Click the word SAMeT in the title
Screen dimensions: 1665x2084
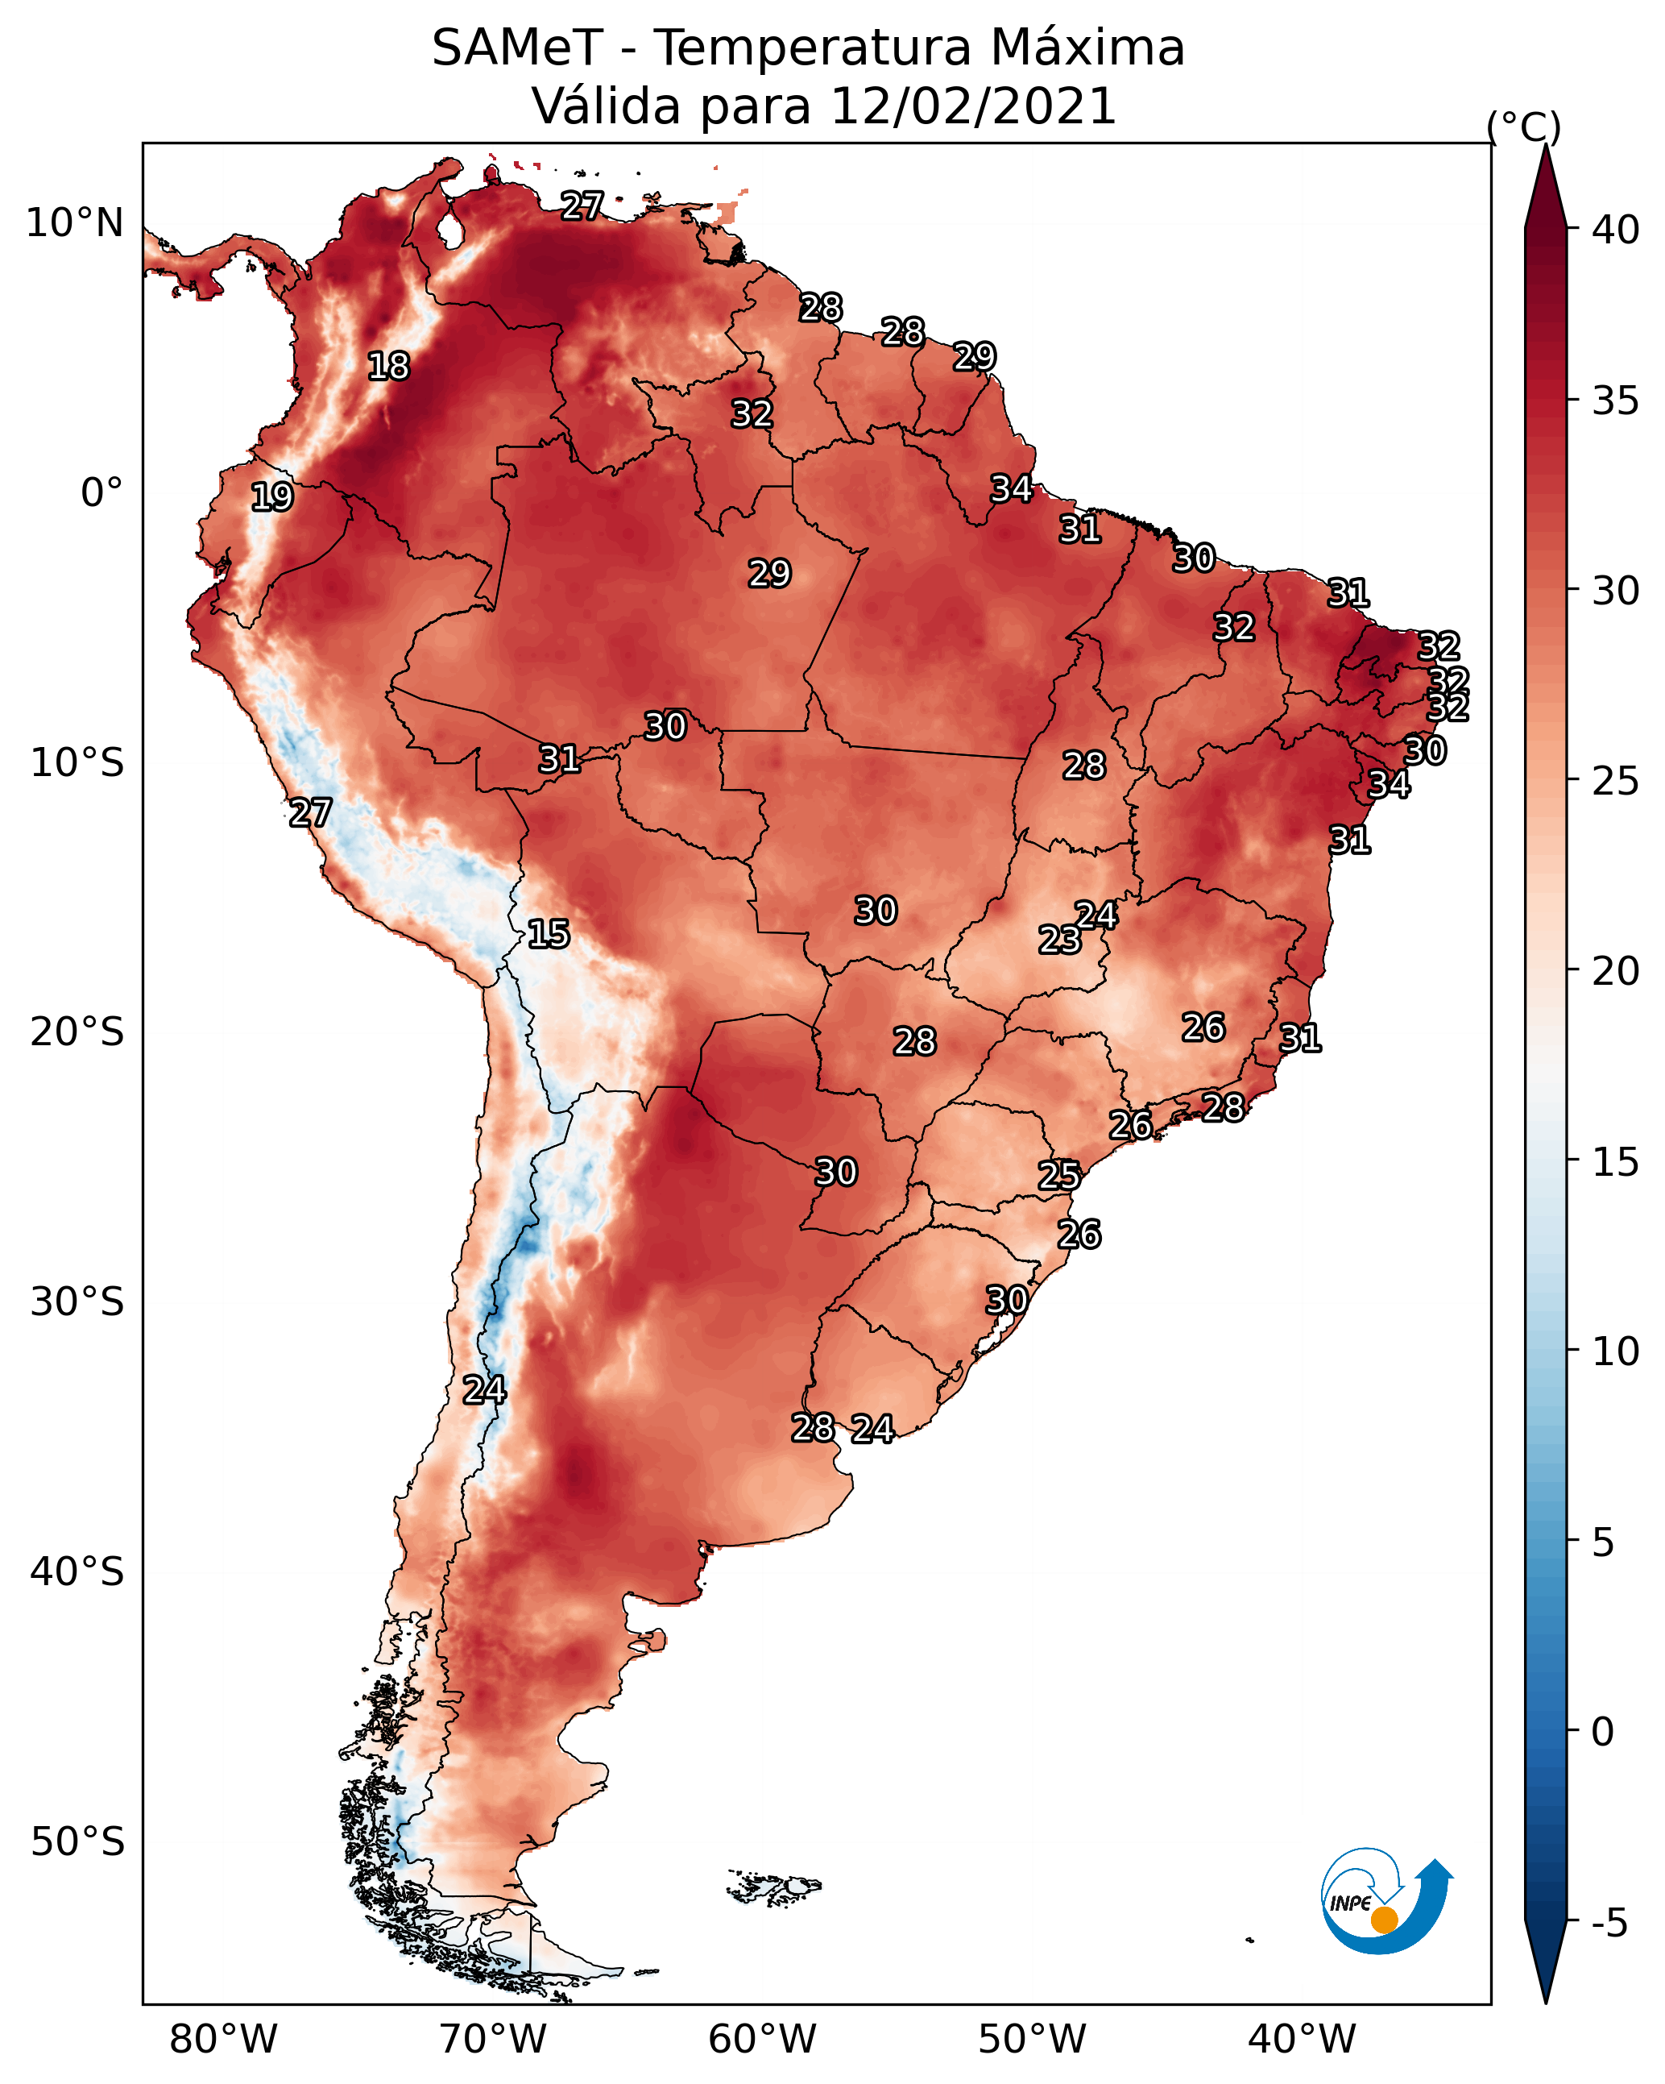point(517,48)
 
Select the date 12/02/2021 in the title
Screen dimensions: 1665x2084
point(973,106)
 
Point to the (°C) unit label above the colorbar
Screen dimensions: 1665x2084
point(1523,127)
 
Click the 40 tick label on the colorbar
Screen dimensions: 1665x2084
point(1616,230)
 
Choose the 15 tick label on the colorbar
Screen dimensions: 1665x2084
point(1616,1162)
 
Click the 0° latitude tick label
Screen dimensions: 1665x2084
point(102,493)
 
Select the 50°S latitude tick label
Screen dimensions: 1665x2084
point(77,1842)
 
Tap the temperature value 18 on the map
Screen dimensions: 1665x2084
point(388,367)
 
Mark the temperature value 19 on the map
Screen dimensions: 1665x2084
point(271,497)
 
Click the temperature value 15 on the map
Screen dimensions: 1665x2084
point(548,934)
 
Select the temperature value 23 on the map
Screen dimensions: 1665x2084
point(1059,939)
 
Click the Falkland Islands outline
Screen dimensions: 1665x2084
point(773,1886)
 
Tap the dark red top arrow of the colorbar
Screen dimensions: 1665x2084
point(1545,189)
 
